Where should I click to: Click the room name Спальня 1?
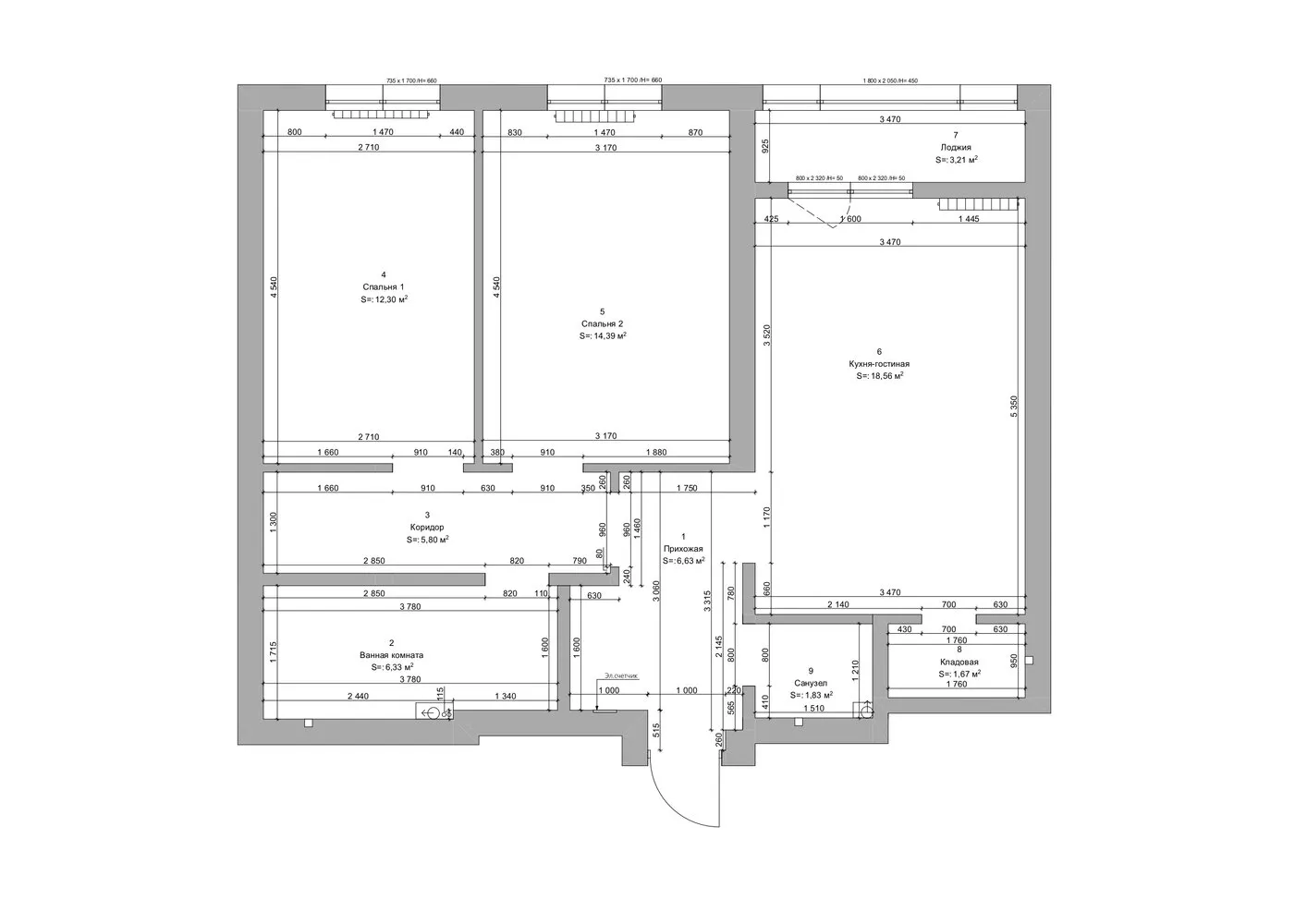(x=384, y=286)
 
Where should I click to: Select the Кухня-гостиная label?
(x=878, y=364)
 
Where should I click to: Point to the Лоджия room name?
(x=956, y=147)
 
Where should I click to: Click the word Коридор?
(x=427, y=528)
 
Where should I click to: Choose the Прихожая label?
(x=683, y=548)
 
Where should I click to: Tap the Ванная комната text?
(x=391, y=655)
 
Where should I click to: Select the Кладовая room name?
(x=959, y=663)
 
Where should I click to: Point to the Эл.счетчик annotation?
(x=621, y=676)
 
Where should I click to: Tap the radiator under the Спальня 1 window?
(x=382, y=115)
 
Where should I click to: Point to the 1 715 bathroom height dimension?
(x=273, y=652)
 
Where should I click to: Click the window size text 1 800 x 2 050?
(x=889, y=80)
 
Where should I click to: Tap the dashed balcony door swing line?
(x=813, y=213)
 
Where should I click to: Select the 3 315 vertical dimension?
(x=708, y=602)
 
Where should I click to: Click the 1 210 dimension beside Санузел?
(x=857, y=671)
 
